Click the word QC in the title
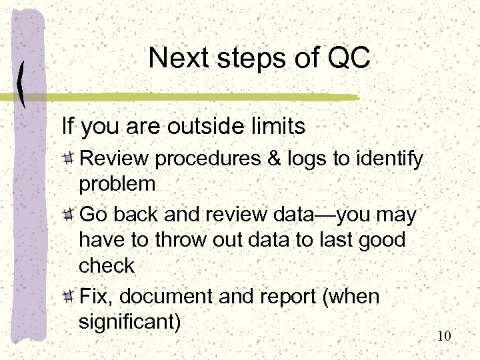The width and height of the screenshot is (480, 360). [x=349, y=58]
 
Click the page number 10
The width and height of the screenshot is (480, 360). [x=444, y=335]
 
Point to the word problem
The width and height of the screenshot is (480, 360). [x=117, y=184]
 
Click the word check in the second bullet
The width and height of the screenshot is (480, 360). [x=107, y=265]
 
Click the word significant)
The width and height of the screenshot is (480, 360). [x=129, y=323]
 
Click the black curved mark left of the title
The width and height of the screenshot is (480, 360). [x=22, y=84]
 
